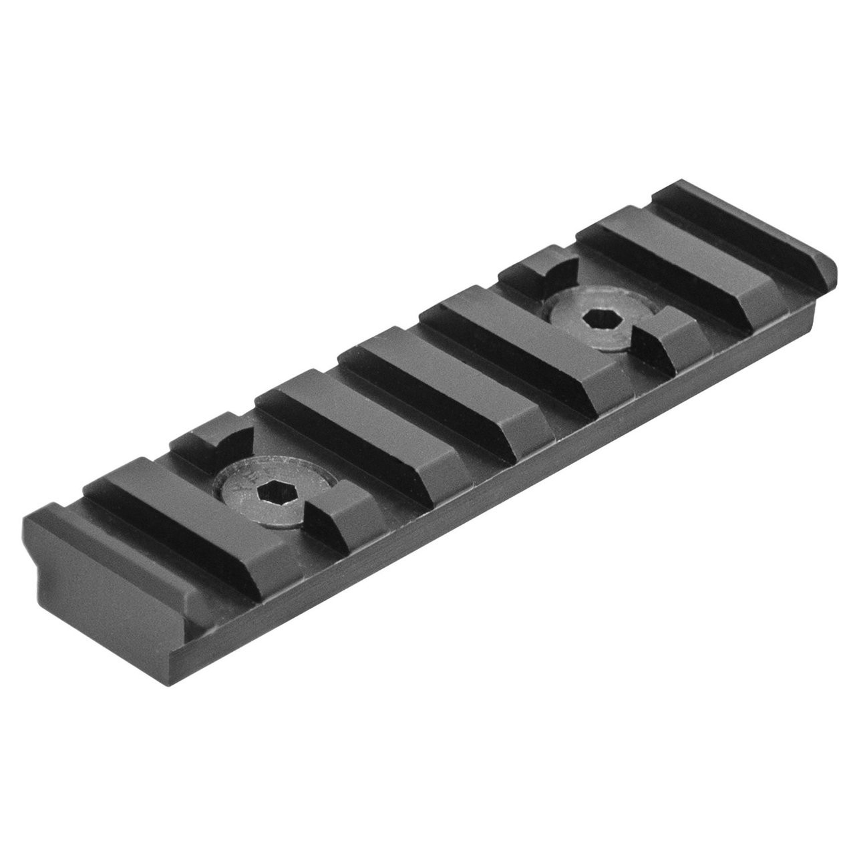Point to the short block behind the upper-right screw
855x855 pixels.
click(x=528, y=274)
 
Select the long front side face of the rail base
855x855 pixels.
click(x=468, y=508)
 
